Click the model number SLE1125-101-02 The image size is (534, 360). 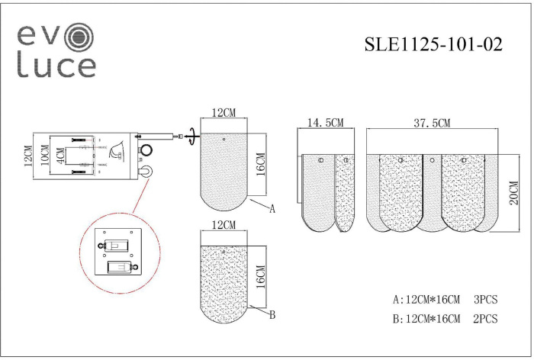point(433,45)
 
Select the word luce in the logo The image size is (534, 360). point(56,66)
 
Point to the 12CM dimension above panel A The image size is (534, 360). point(223,113)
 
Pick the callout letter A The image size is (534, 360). point(272,208)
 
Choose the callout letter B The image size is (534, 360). point(272,315)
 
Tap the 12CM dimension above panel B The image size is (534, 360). point(223,226)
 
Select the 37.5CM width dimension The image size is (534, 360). point(432,122)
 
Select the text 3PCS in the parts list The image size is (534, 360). point(484,300)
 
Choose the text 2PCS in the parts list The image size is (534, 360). point(484,319)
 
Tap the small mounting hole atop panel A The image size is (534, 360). point(223,140)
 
